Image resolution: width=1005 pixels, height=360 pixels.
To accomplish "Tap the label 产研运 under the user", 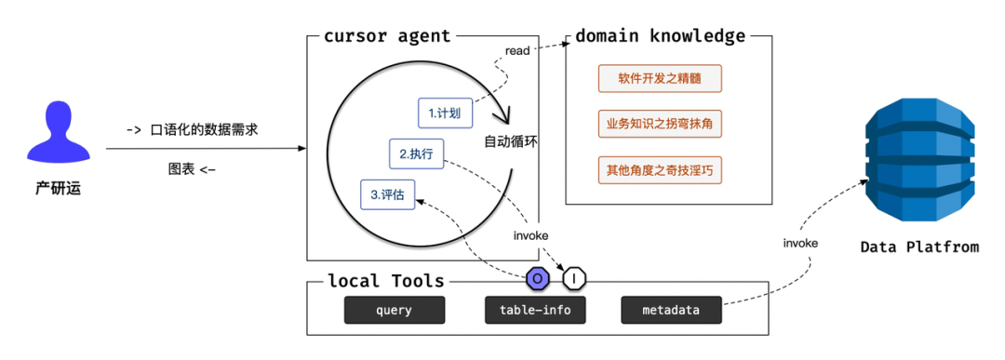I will pos(58,189).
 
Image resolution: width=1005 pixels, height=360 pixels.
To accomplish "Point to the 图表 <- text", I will pos(192,169).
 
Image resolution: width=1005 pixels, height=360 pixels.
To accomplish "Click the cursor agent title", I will pos(387,36).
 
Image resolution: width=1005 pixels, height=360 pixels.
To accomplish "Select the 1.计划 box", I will pos(445,113).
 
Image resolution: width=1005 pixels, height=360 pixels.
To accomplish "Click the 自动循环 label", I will pos(511,142).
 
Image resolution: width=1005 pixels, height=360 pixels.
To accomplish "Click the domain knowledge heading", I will pos(660,36).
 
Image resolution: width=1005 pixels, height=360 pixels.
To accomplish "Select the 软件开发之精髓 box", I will pos(660,78).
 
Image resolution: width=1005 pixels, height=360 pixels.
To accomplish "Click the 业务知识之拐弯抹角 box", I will pos(660,124).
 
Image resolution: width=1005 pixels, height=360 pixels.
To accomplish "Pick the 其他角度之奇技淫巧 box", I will pos(660,170).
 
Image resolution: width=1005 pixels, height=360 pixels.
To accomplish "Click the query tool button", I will pos(395,311).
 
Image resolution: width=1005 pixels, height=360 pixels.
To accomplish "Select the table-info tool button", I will pos(535,311).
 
